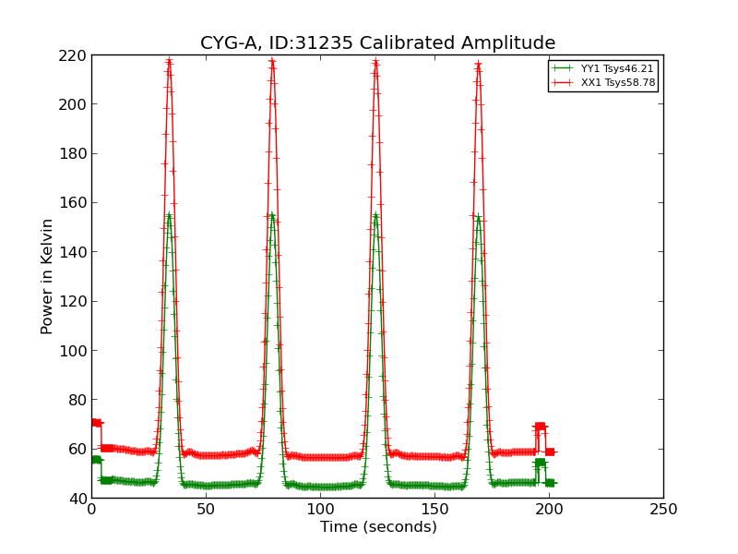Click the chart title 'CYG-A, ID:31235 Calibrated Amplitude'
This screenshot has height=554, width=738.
click(378, 43)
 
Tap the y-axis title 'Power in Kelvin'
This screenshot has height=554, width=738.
click(47, 276)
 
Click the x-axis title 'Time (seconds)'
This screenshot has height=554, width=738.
click(378, 527)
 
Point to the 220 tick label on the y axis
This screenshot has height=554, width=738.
click(74, 55)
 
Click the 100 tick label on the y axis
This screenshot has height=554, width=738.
click(74, 351)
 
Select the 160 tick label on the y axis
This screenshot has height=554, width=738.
click(74, 203)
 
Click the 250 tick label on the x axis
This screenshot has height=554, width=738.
click(663, 510)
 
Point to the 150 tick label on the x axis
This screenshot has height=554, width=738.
click(434, 510)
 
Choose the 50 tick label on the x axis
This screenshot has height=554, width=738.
click(206, 510)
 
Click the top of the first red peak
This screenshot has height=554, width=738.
click(169, 62)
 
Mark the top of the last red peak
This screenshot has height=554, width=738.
click(478, 64)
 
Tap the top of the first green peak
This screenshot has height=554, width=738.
click(169, 216)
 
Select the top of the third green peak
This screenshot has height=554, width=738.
click(375, 216)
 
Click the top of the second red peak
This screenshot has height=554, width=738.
click(272, 62)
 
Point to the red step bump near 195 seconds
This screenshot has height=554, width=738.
click(540, 427)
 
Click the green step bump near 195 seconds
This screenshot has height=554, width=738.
click(540, 463)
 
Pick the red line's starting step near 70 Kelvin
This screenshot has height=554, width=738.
click(96, 423)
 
